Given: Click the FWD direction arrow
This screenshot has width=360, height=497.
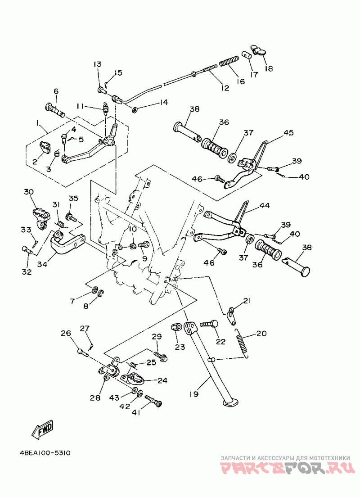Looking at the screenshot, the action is tap(42, 430).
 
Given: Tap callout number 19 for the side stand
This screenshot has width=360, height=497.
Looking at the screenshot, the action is tap(194, 394).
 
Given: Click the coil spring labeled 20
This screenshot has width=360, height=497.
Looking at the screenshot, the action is tap(243, 343).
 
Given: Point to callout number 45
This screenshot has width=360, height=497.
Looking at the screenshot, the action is tap(288, 132).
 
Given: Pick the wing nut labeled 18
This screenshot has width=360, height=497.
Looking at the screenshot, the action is tap(260, 51).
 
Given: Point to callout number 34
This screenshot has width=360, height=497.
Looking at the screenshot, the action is tap(42, 264).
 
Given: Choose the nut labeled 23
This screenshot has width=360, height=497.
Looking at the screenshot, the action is tap(176, 327).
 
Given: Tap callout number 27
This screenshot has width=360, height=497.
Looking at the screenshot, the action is tap(85, 328).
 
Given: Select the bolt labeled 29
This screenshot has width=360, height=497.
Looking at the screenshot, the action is tap(160, 356).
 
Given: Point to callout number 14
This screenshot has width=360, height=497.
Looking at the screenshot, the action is tap(163, 102).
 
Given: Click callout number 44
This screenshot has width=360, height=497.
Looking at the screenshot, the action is tap(264, 206).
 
